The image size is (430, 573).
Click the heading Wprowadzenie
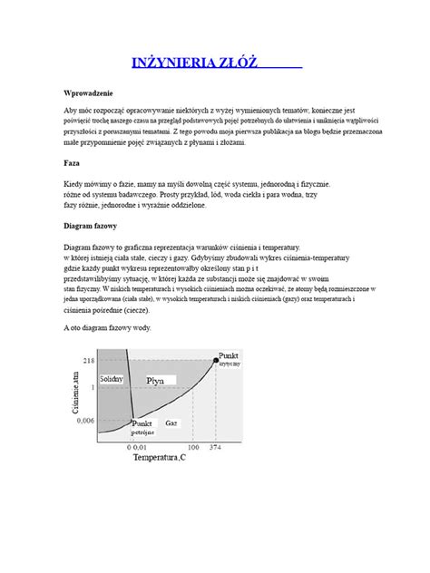click(x=87, y=94)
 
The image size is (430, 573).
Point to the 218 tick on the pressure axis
click(x=88, y=361)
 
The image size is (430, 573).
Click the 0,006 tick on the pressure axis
click(x=83, y=421)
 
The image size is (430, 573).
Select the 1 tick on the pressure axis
click(x=93, y=387)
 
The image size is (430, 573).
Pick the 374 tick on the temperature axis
click(x=216, y=447)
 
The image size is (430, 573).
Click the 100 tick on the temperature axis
click(x=192, y=447)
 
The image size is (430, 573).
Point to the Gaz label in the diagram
click(x=172, y=422)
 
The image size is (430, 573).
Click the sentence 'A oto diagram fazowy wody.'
click(x=108, y=327)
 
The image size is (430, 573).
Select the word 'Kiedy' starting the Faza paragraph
click(x=73, y=183)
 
